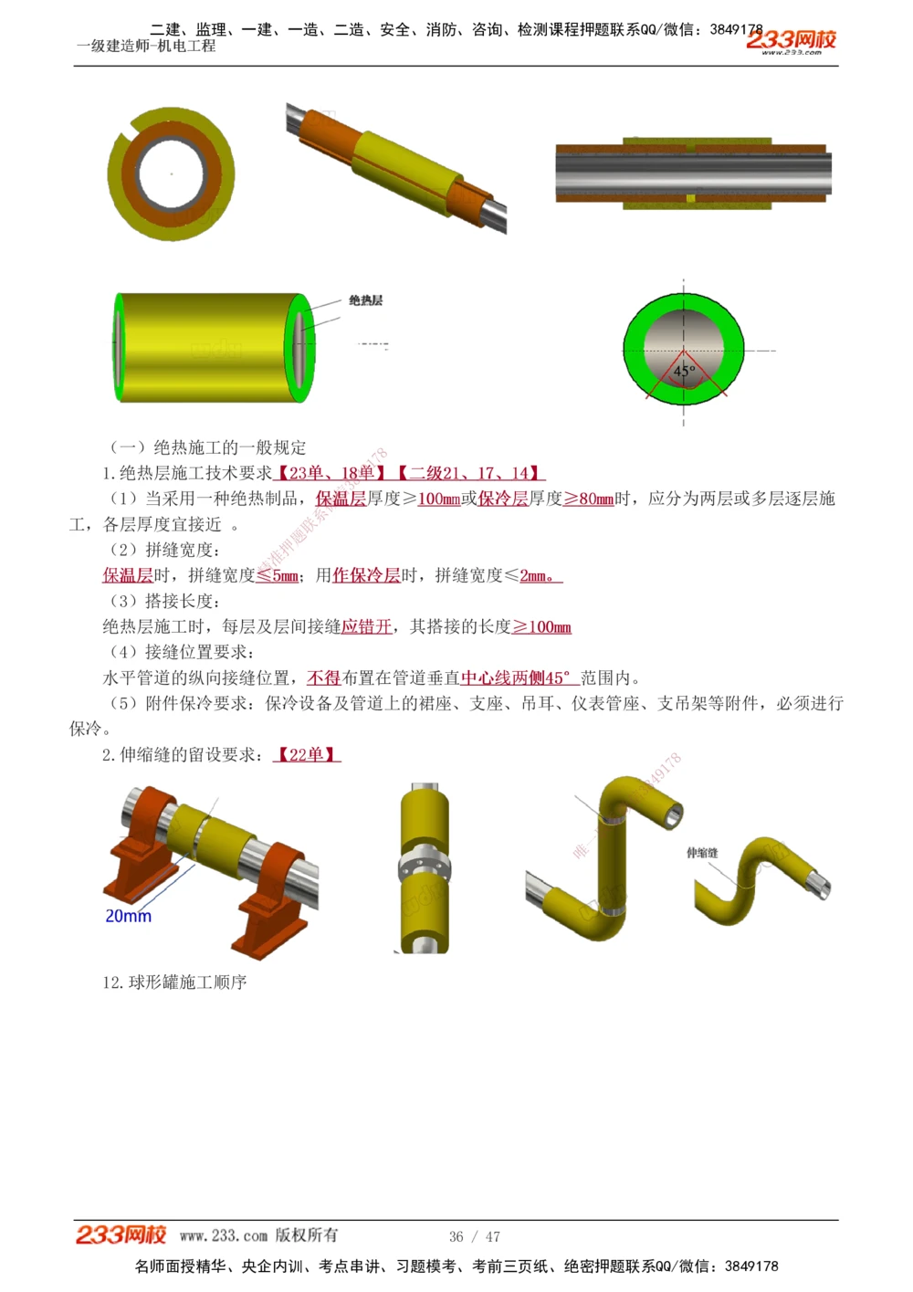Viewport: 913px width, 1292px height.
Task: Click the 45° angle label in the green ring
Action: click(x=684, y=371)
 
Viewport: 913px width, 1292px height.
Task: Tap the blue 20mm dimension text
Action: click(x=128, y=916)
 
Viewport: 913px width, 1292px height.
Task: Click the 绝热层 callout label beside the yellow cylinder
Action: click(x=365, y=300)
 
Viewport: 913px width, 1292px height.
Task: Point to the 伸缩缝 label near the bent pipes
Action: click(x=702, y=853)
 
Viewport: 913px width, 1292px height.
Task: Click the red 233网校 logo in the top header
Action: click(x=791, y=40)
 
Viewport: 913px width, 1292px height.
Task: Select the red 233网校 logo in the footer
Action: click(x=121, y=1234)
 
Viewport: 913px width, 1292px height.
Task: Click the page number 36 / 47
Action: click(x=474, y=1236)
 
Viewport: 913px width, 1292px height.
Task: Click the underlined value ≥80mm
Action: click(x=588, y=499)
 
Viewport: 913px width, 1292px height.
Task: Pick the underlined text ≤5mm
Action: click(x=278, y=575)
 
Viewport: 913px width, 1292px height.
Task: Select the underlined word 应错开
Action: click(x=366, y=626)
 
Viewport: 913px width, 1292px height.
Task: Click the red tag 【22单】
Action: click(x=307, y=754)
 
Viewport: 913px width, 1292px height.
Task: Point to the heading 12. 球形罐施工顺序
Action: click(x=174, y=982)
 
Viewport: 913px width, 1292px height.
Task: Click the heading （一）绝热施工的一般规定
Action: click(x=207, y=447)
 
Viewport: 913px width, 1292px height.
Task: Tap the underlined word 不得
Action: click(x=323, y=678)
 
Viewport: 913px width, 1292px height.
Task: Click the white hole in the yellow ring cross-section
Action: click(x=171, y=173)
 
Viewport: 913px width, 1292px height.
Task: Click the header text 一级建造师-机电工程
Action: click(x=146, y=46)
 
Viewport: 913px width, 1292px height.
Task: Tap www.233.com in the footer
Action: click(x=223, y=1235)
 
